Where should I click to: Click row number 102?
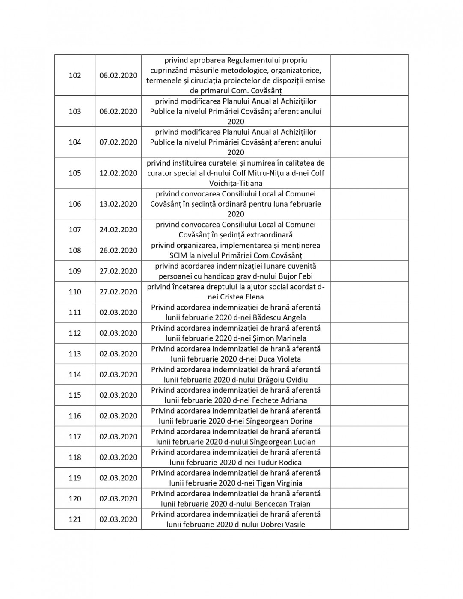tap(75, 75)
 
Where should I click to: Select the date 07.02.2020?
tap(118, 142)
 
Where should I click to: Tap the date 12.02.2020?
tap(118, 173)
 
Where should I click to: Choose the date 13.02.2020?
tap(118, 204)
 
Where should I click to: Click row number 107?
tap(75, 230)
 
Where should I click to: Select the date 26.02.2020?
tap(118, 250)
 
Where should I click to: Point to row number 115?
tap(75, 395)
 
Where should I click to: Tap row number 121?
tap(75, 519)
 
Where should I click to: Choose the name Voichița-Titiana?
tap(235, 183)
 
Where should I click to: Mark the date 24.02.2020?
tap(118, 230)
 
